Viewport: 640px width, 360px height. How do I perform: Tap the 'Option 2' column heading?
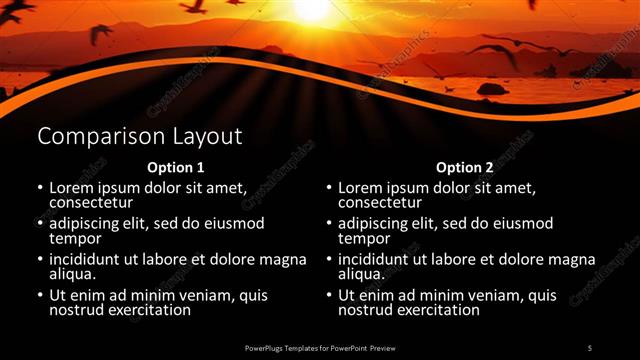point(465,167)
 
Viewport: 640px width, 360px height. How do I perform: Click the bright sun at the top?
point(311,8)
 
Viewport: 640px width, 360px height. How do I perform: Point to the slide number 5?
point(590,347)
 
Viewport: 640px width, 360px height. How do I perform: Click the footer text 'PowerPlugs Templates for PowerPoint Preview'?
point(319,347)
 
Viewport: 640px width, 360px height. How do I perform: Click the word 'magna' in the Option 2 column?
point(571,260)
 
